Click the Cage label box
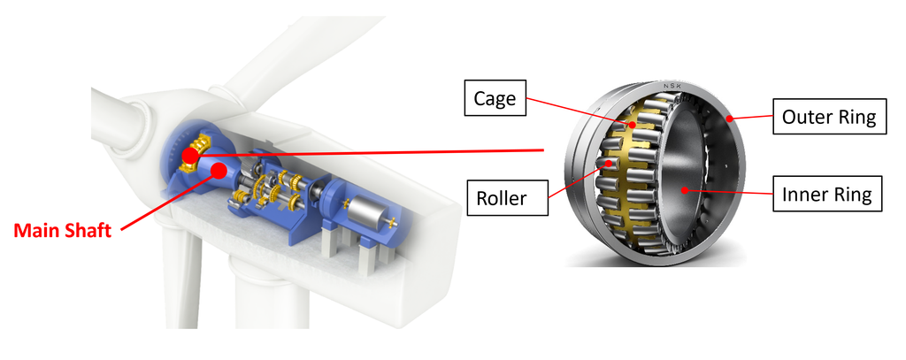click(x=495, y=98)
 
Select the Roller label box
click(x=501, y=198)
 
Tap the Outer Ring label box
click(x=829, y=117)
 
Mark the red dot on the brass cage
click(x=632, y=125)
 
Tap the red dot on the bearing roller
click(x=605, y=164)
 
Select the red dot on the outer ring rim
click(x=729, y=118)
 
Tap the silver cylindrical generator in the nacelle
click(x=365, y=212)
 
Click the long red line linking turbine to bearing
click(x=372, y=153)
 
